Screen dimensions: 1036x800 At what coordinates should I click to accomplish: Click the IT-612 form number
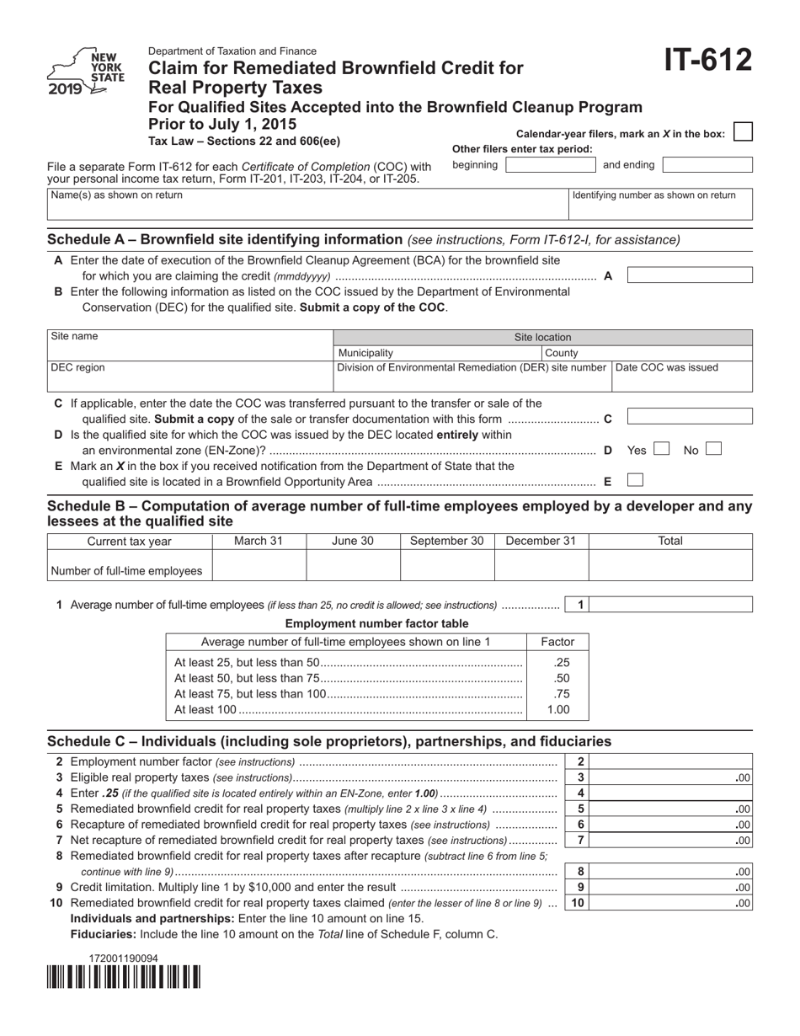708,62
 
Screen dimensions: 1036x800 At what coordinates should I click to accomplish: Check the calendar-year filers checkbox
742,132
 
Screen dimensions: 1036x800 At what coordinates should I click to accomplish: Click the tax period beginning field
550,165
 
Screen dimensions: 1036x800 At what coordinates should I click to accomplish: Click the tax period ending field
707,165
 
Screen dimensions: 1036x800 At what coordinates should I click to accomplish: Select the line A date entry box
690,275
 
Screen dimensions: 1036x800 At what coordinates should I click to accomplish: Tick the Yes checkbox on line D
661,450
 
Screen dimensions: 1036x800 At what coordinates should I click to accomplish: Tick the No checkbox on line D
713,450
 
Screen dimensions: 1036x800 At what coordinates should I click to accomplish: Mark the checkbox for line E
636,481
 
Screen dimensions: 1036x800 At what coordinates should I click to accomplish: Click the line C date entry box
690,417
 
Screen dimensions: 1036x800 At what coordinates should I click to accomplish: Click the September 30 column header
446,541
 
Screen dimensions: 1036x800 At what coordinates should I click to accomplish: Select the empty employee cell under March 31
259,566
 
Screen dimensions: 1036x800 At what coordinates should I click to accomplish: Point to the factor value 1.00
557,709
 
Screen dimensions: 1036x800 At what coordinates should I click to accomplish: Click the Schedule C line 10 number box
578,903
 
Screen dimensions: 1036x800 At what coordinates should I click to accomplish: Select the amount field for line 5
674,809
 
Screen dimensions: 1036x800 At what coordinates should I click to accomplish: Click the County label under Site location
562,353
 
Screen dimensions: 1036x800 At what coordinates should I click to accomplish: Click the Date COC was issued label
668,367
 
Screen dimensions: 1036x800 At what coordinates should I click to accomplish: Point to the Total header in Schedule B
669,541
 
